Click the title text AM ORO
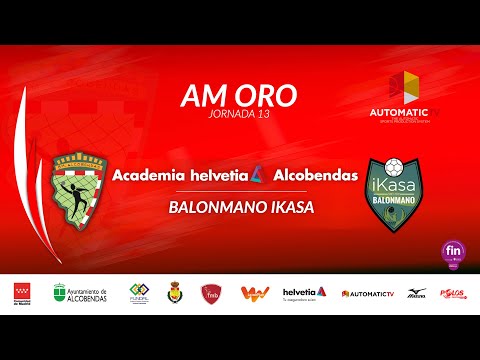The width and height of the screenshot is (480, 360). (238, 95)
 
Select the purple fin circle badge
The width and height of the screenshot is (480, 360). (453, 251)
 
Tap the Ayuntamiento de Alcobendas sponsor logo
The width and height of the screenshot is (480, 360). (82, 292)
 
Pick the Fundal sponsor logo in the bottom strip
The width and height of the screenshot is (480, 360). (139, 292)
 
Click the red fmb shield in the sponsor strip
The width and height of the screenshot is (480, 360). (211, 292)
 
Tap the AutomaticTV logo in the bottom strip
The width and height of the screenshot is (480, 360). (368, 293)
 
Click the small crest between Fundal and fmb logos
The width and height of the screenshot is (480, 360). (174, 292)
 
